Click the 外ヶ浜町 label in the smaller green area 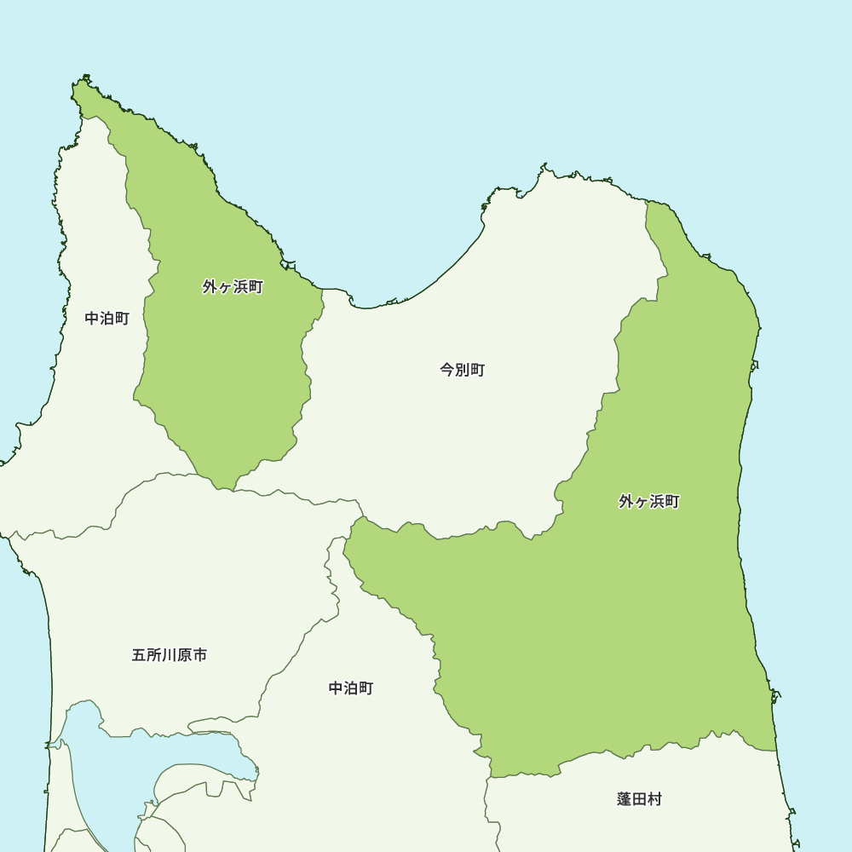pyautogui.click(x=233, y=287)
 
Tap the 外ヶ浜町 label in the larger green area pyautogui.click(x=649, y=502)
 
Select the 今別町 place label pyautogui.click(x=463, y=370)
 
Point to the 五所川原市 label pyautogui.click(x=170, y=655)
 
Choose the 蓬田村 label pyautogui.click(x=639, y=799)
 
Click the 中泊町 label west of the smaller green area pyautogui.click(x=107, y=319)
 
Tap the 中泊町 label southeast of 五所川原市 pyautogui.click(x=351, y=688)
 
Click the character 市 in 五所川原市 pyautogui.click(x=200, y=655)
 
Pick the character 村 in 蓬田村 pyautogui.click(x=654, y=799)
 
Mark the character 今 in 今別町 pyautogui.click(x=447, y=370)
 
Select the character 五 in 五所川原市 pyautogui.click(x=139, y=655)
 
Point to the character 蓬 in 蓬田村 pyautogui.click(x=625, y=799)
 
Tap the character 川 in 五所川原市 pyautogui.click(x=170, y=655)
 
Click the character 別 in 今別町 pyautogui.click(x=463, y=370)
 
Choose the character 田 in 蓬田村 pyautogui.click(x=639, y=799)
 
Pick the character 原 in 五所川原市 pyautogui.click(x=185, y=655)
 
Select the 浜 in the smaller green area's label pyautogui.click(x=240, y=287)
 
